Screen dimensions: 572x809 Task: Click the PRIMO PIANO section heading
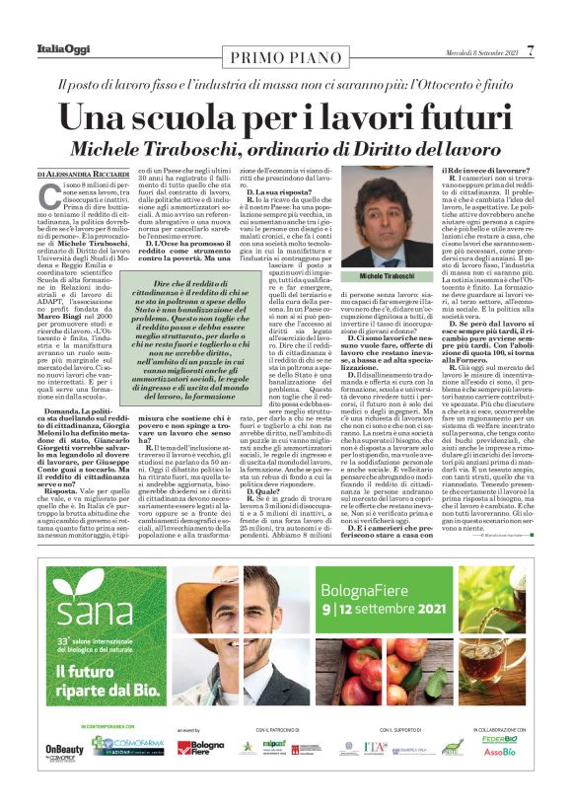pos(285,54)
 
